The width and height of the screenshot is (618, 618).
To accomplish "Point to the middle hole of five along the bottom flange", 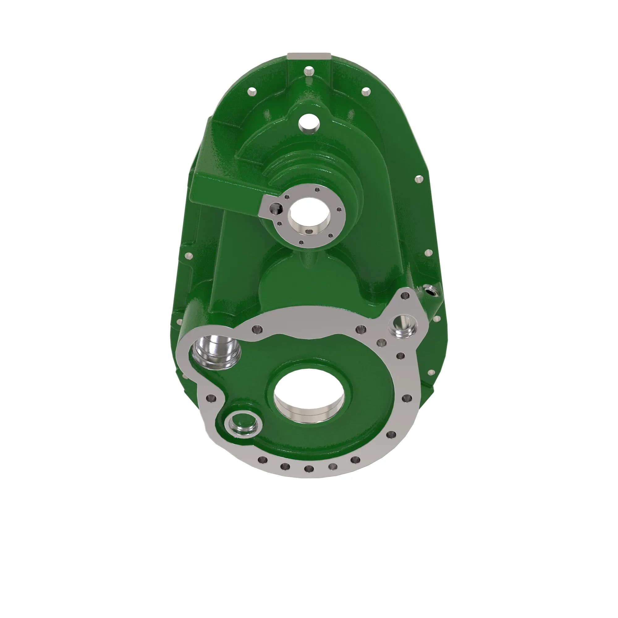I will tap(309, 469).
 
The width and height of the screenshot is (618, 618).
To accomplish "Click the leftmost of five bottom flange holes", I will tap(263, 460).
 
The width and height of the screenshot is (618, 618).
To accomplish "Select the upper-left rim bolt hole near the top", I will tap(252, 92).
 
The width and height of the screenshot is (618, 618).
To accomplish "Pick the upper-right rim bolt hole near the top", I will tap(366, 92).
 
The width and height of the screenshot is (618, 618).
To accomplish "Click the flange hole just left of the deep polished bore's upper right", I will tap(257, 329).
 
